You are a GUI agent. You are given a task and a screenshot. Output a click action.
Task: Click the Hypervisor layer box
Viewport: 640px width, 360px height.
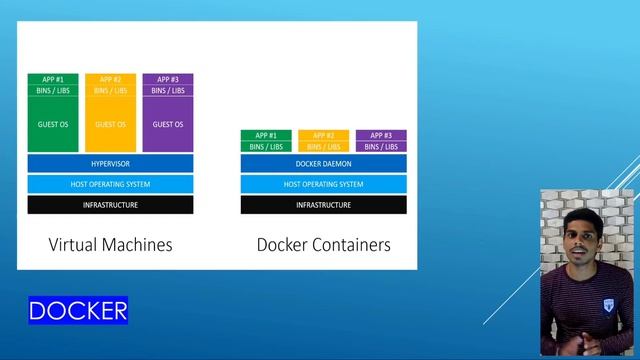pos(110,163)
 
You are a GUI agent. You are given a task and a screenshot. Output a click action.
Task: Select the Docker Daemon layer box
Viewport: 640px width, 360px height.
pos(323,163)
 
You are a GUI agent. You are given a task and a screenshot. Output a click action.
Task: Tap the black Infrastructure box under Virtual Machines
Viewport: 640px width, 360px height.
pos(110,205)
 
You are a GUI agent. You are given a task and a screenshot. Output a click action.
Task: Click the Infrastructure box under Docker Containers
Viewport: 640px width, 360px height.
pos(323,205)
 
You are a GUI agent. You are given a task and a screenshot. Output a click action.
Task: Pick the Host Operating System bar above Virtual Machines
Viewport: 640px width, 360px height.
pos(110,184)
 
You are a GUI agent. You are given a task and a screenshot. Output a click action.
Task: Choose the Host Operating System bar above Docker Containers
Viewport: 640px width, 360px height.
pos(323,184)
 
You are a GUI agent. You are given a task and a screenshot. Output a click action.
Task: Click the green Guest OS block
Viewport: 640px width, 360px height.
pos(53,125)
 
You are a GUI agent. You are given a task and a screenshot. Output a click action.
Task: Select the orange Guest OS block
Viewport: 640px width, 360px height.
pos(110,125)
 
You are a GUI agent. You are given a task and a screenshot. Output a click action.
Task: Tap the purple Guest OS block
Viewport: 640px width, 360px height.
pos(168,125)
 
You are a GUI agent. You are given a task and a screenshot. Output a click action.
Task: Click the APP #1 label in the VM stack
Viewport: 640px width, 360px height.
pos(53,80)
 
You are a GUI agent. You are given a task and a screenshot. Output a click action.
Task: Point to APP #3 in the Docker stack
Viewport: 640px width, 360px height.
pos(381,135)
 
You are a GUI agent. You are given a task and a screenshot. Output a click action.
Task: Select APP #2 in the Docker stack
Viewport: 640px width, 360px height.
pos(323,135)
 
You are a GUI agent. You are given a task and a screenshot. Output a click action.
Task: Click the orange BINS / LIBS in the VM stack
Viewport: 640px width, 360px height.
pos(110,91)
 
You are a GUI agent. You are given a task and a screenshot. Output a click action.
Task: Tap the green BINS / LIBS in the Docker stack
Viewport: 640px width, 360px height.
pos(266,146)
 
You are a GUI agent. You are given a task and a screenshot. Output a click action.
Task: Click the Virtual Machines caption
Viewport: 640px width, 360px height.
pos(110,244)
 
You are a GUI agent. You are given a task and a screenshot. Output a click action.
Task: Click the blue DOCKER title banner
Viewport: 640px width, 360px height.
pos(78,310)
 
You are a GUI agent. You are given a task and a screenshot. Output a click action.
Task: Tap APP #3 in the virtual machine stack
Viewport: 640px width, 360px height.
pos(168,80)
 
